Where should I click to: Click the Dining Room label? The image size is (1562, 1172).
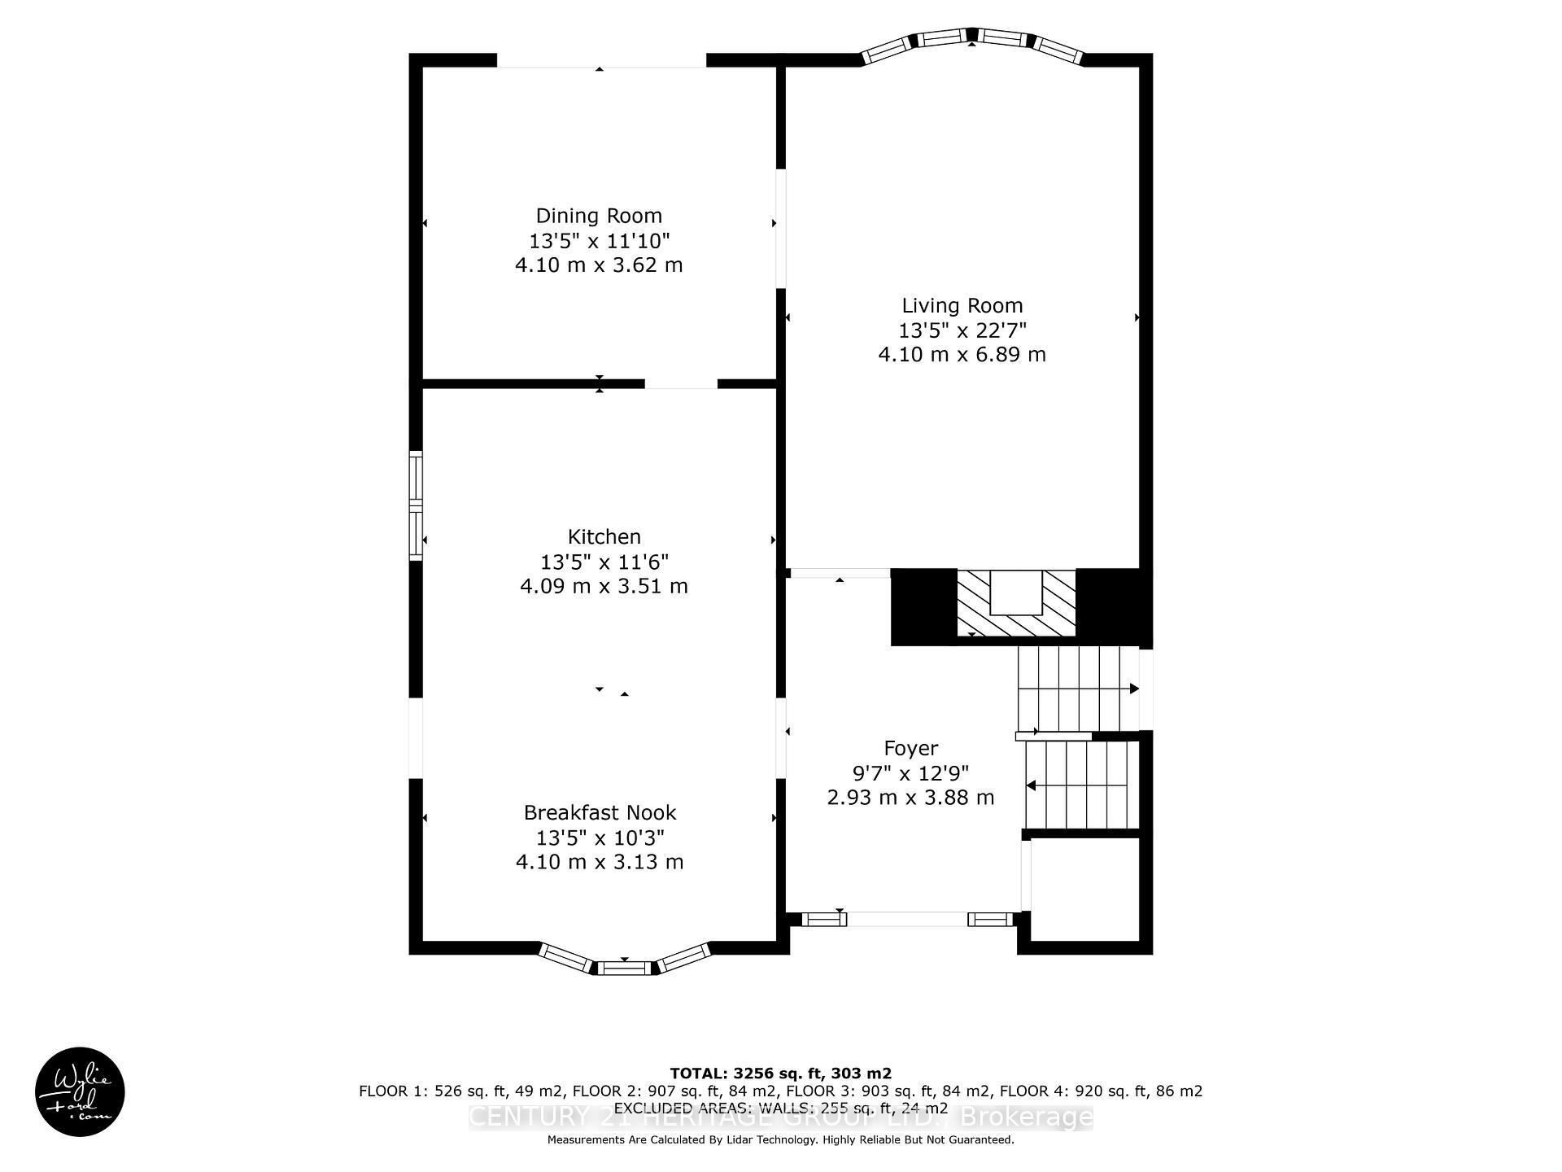[x=599, y=216]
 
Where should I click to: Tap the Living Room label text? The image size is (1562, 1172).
[x=962, y=305]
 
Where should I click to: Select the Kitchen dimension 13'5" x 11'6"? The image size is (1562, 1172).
[x=604, y=562]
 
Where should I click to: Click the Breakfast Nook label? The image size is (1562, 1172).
[x=600, y=812]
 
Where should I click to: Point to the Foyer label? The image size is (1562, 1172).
[x=910, y=748]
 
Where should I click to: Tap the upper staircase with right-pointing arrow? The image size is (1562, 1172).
[x=1077, y=689]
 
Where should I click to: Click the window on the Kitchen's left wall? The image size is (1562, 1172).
[x=416, y=505]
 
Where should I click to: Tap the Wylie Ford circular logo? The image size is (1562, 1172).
[x=80, y=1091]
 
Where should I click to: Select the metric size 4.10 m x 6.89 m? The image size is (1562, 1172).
[x=962, y=355]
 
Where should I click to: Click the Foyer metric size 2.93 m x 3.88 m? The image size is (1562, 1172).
[x=910, y=798]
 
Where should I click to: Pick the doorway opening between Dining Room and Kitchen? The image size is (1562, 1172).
[x=681, y=384]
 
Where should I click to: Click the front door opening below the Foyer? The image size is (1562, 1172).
[x=906, y=919]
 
